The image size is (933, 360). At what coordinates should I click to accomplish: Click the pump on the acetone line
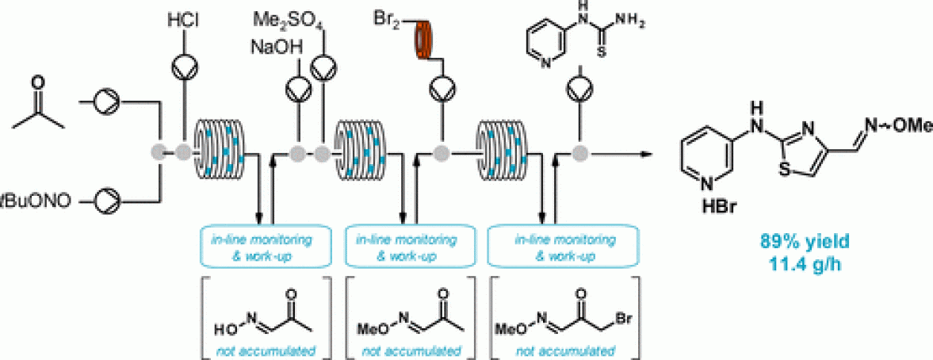(105, 101)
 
